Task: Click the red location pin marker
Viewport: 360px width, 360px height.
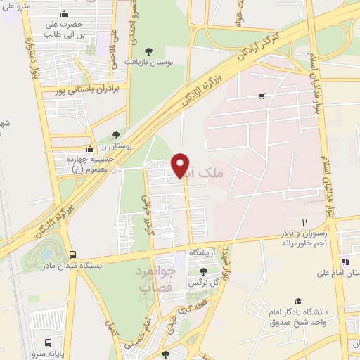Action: point(181,165)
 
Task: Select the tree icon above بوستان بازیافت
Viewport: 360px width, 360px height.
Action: point(148,51)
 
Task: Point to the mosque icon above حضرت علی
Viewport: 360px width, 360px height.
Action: point(65,14)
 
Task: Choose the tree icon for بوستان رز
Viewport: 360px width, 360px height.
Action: point(116,134)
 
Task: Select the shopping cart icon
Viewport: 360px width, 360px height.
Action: point(262,96)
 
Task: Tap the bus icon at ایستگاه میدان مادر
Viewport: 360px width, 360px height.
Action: point(73,255)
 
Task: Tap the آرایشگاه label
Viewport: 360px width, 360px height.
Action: point(202,252)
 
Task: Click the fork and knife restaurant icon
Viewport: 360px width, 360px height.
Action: point(304,222)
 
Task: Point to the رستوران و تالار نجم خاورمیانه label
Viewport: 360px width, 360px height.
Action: point(306,238)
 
